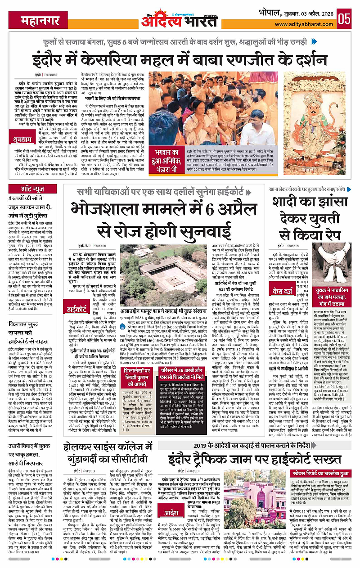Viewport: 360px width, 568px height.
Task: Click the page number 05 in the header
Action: pyautogui.click(x=345, y=19)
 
